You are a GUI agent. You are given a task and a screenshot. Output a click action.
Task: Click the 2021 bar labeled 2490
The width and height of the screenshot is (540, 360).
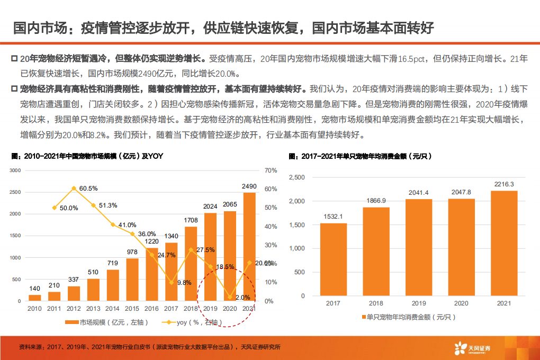point(249,247)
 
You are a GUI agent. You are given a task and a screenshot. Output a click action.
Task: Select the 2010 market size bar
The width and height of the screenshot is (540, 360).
point(34,298)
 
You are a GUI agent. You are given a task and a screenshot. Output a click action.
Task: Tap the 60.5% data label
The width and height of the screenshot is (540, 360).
point(88,188)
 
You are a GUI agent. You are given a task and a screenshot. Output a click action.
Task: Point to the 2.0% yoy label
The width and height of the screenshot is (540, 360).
point(242,297)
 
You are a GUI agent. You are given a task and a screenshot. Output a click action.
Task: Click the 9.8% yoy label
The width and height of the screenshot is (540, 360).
point(184,283)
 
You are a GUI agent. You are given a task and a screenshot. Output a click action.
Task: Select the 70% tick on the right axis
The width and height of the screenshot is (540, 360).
point(270,170)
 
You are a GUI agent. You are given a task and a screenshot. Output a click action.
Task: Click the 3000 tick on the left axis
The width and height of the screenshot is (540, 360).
point(15,170)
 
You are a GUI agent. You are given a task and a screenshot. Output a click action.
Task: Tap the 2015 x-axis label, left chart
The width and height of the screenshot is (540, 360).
point(132,309)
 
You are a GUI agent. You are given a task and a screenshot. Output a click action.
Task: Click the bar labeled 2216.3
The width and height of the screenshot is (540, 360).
point(504,243)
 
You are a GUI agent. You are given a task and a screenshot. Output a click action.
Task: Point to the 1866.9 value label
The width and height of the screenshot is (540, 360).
point(376,201)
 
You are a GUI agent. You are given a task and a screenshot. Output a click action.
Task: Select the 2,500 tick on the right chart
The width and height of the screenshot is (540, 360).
point(296,177)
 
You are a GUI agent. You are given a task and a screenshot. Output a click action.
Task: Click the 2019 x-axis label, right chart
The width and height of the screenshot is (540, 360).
point(419,303)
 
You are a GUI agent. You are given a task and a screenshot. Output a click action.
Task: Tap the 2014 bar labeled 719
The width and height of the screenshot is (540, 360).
point(113,285)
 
